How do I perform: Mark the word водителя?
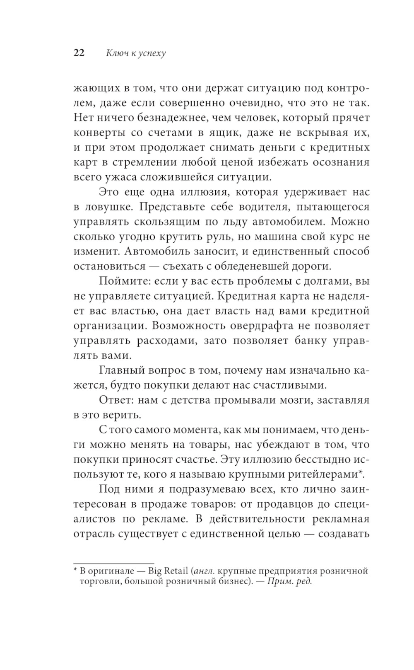click(268, 206)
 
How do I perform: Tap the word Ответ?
click(115, 400)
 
